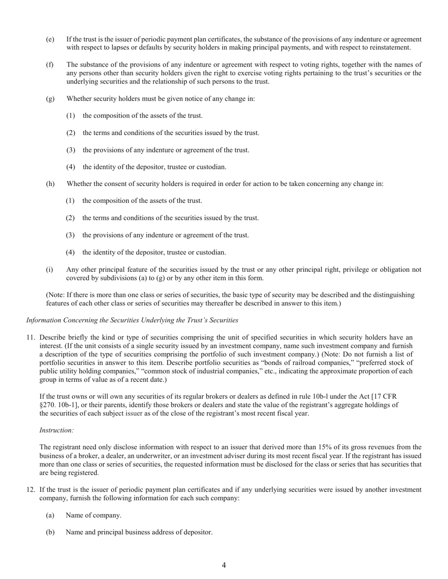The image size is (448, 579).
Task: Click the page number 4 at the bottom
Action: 224,565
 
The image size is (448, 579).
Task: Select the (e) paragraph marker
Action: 50,40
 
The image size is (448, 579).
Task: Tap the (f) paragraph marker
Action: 50,64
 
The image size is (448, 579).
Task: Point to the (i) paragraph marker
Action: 49,269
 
